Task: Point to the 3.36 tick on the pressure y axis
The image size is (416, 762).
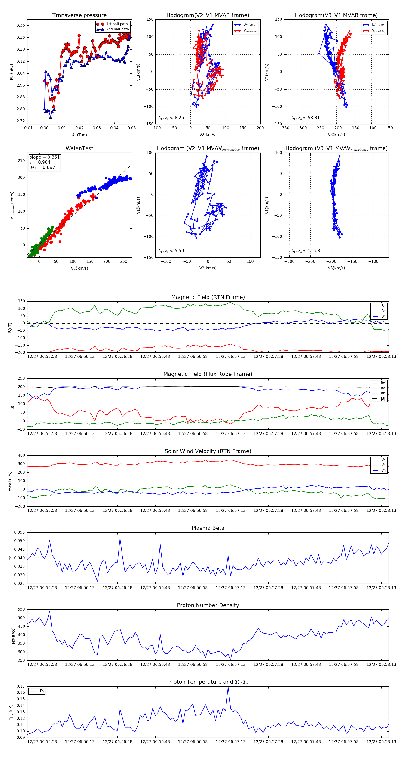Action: pos(21,25)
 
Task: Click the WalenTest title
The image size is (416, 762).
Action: pos(79,148)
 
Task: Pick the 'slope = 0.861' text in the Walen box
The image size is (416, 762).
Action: pos(44,157)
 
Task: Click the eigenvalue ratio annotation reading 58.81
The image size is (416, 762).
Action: pos(306,118)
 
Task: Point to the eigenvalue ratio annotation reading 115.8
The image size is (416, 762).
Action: pos(306,251)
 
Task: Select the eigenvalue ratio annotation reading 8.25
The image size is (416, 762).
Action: pos(171,118)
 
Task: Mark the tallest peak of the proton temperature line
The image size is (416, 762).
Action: pos(228,687)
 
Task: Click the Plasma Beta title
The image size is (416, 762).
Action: pos(208,528)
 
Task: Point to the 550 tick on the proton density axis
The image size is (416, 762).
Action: pos(21,609)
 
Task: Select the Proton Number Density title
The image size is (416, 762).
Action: pos(208,605)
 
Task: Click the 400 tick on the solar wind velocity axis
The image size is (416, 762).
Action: pos(21,455)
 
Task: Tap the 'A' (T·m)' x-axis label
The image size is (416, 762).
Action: pos(79,135)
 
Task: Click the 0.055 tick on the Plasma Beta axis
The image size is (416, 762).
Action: pos(20,532)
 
